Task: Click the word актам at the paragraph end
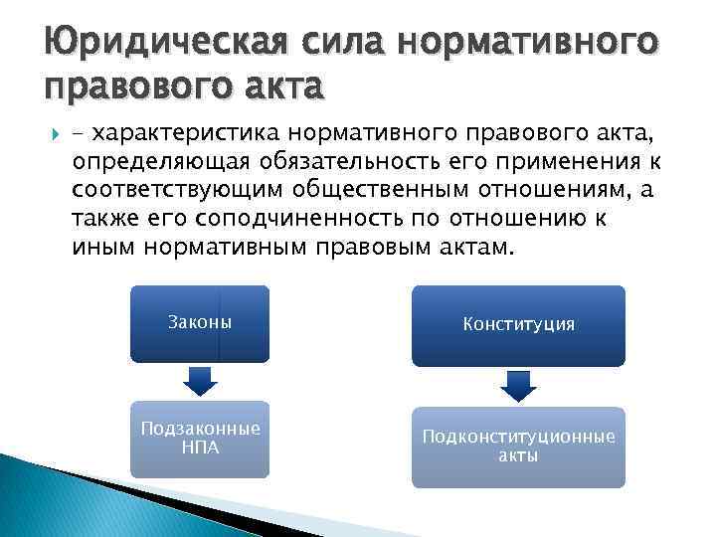473,246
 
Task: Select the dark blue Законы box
199,323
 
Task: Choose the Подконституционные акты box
518,447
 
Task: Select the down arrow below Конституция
518,385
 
